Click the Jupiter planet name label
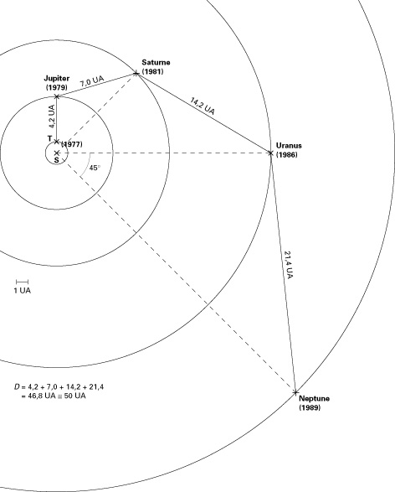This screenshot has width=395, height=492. tap(56, 78)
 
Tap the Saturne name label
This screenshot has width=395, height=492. tap(156, 62)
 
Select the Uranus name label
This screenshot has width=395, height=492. tap(289, 145)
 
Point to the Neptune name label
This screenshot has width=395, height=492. tap(314, 398)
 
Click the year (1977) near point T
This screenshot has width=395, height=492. tap(72, 144)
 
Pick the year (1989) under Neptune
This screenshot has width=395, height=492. tap(310, 407)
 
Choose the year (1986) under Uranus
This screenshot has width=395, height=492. tap(286, 155)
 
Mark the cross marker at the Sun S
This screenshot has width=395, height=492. tap(57, 153)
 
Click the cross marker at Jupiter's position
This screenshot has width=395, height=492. tap(57, 96)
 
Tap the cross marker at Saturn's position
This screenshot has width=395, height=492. tap(136, 74)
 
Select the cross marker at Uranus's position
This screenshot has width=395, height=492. tap(270, 153)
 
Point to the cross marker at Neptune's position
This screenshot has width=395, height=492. tap(295, 392)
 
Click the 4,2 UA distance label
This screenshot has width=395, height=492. tap(52, 117)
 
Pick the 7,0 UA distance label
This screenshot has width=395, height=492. tap(91, 81)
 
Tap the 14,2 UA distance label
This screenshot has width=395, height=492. tap(203, 106)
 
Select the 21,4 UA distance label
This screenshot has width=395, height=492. tap(289, 265)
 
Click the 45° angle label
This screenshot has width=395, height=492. tap(95, 168)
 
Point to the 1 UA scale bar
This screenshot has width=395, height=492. tap(23, 282)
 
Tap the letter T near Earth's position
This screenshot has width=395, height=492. tap(50, 138)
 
